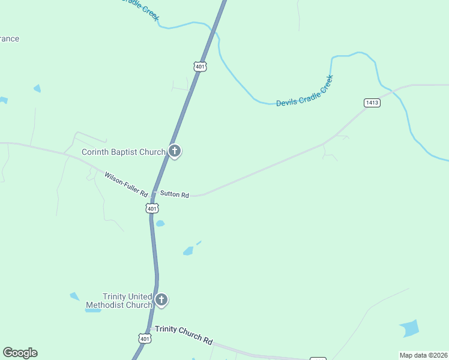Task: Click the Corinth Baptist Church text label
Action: (123, 152)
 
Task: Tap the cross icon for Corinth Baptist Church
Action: (175, 151)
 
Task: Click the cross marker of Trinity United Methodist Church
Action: (161, 300)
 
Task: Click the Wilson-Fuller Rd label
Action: (126, 184)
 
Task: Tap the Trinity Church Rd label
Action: (184, 335)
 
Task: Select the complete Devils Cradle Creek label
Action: (304, 91)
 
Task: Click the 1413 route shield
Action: (372, 103)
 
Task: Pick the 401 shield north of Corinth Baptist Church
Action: (200, 67)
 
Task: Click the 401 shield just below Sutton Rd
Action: (152, 208)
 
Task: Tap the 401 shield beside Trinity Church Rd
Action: (145, 338)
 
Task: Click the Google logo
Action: (20, 353)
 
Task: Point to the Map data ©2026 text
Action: (423, 355)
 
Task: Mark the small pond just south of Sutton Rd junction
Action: (160, 224)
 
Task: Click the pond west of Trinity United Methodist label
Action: (74, 296)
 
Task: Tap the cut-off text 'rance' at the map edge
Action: (9, 39)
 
